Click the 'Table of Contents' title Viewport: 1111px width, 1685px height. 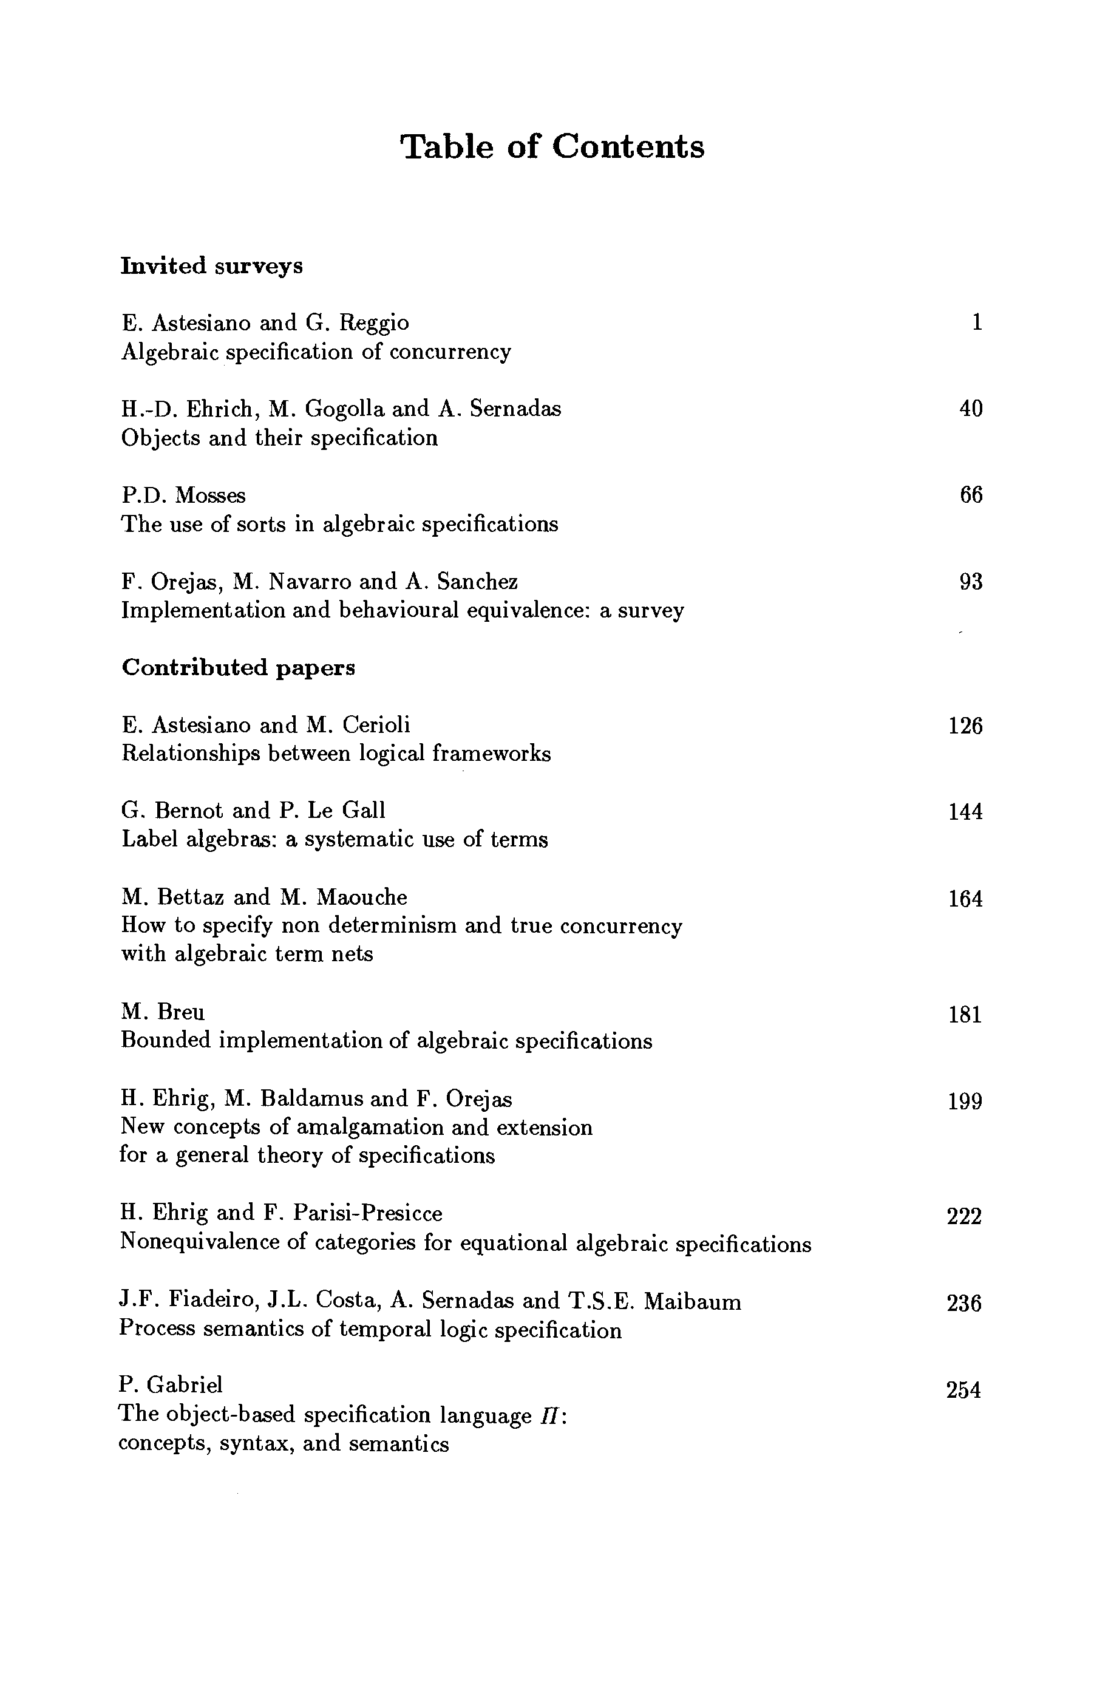(x=552, y=147)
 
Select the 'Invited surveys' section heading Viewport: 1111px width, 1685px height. (x=212, y=266)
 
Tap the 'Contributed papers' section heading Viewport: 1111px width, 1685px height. (x=238, y=667)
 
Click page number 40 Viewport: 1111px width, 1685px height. (x=971, y=408)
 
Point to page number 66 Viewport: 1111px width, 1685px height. (x=971, y=495)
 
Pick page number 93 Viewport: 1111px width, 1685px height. (x=971, y=582)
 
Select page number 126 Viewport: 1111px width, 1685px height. (x=965, y=726)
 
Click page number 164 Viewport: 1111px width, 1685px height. (x=965, y=899)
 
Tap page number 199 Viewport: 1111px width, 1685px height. (x=965, y=1101)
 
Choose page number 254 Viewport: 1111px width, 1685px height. (x=963, y=1391)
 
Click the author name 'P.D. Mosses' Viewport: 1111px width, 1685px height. (x=183, y=495)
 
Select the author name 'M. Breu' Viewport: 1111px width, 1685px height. (x=163, y=1011)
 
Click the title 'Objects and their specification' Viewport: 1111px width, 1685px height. (x=279, y=438)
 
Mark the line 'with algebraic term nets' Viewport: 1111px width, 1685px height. (x=246, y=954)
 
